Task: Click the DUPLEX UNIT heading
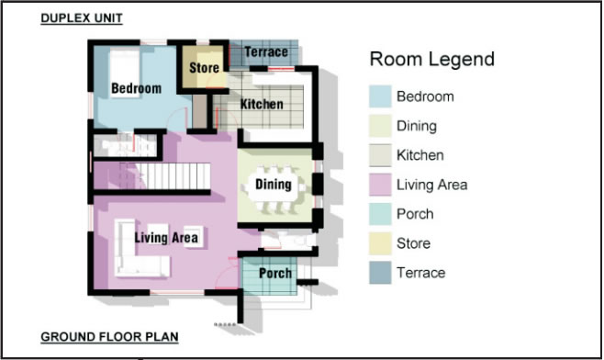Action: (82, 18)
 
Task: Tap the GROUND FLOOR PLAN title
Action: (109, 336)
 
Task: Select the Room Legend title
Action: (431, 60)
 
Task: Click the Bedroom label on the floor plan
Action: (137, 88)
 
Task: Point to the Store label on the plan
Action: (204, 68)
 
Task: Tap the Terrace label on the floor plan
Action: (266, 51)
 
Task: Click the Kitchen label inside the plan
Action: (262, 104)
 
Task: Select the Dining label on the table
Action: (274, 185)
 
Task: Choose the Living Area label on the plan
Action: (166, 238)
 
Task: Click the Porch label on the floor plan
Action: (275, 274)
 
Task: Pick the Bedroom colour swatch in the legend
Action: (380, 96)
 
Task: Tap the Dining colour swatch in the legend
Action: (380, 126)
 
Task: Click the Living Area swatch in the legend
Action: (380, 185)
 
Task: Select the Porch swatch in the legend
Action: (380, 214)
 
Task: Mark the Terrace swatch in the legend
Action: (380, 273)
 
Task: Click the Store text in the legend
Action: (413, 243)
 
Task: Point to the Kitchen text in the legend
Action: (420, 155)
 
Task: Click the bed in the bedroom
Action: (125, 73)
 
